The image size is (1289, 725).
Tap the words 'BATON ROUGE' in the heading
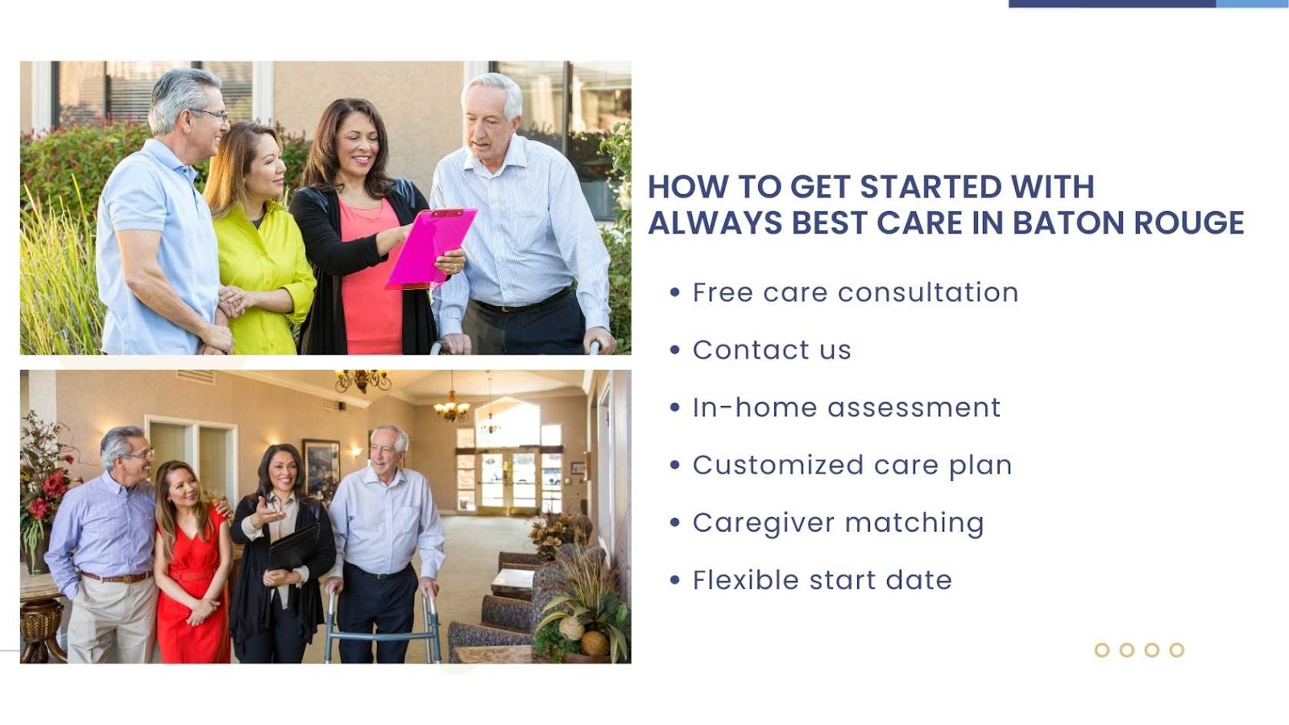[1128, 222]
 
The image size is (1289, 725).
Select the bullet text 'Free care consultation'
[856, 292]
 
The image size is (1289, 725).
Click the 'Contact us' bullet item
[772, 350]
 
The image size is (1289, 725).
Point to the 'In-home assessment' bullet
[847, 408]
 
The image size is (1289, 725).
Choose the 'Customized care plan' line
[852, 466]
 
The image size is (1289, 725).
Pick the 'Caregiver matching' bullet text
[839, 523]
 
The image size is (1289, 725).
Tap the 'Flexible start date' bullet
[823, 580]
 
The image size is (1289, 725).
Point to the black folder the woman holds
[293, 547]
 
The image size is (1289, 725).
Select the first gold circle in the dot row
[1102, 649]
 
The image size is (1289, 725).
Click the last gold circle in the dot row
[1177, 649]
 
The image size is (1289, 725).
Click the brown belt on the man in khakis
[116, 577]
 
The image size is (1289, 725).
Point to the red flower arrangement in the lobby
[45, 489]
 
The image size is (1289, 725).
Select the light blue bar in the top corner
[1252, 3]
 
